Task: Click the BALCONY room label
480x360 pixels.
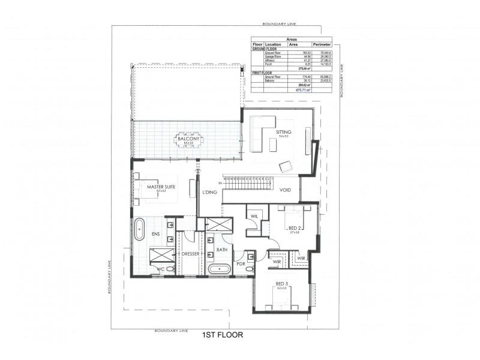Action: point(188,139)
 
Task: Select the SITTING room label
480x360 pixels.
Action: point(284,131)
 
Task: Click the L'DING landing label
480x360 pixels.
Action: point(209,193)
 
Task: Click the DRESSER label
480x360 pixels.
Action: point(190,254)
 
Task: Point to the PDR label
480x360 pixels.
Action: point(239,263)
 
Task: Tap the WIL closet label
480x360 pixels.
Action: point(254,215)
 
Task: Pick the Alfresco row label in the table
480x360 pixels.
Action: point(271,61)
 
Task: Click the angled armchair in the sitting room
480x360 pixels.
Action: point(286,165)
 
